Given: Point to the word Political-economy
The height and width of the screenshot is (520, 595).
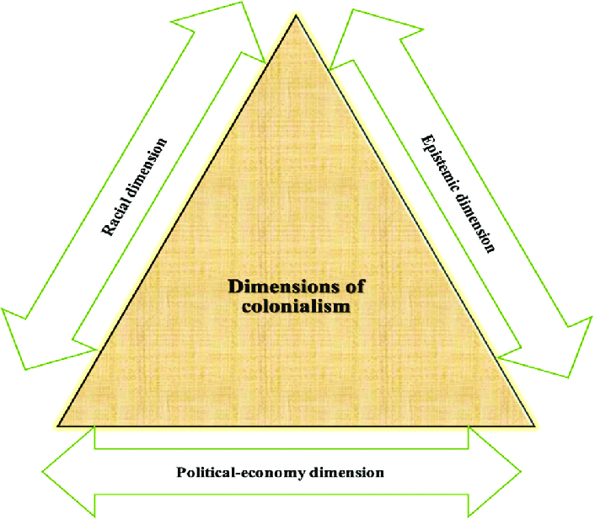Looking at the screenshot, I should coord(231,473).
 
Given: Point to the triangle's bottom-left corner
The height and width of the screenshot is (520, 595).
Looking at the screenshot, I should coord(59,424).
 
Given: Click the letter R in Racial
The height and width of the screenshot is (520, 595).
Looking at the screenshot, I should coord(107,228).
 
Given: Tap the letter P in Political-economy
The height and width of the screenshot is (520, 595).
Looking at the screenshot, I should coord(181,472).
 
